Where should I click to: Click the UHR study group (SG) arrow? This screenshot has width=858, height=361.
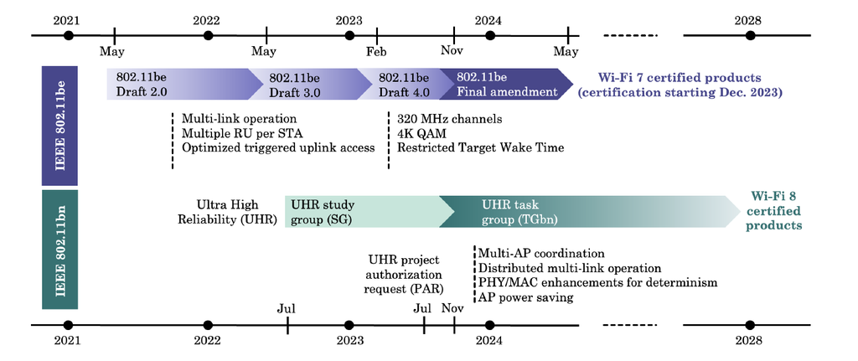[360, 211]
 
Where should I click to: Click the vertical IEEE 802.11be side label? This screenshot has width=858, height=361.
[60, 126]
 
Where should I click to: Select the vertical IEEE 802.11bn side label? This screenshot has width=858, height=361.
[60, 250]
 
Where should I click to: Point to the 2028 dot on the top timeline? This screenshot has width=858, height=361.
[751, 35]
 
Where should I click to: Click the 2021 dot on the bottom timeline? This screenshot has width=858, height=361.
[69, 324]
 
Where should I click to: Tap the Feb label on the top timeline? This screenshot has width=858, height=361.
[377, 51]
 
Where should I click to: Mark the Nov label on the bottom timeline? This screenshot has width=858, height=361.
[452, 308]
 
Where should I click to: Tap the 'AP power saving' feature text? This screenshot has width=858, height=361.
[525, 297]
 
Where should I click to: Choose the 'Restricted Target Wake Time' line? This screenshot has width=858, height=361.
[480, 147]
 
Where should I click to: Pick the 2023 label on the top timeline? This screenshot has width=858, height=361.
[349, 20]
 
